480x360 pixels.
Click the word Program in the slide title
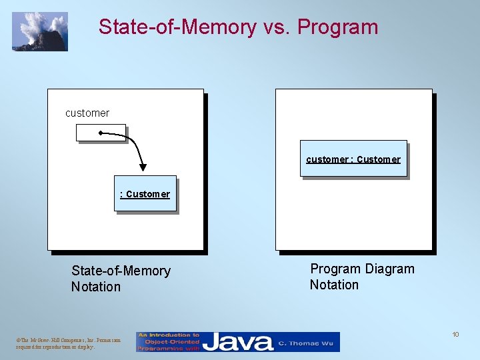(x=337, y=27)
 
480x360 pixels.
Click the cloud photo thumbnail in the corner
(x=40, y=31)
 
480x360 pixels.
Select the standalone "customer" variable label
(x=87, y=113)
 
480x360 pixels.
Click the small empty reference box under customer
(x=101, y=133)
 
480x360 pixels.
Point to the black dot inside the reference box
(x=101, y=133)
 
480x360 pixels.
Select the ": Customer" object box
(x=145, y=194)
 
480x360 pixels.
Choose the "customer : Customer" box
(x=353, y=159)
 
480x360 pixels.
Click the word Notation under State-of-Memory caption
(x=96, y=287)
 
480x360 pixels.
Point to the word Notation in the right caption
(x=334, y=285)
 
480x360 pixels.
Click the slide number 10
(x=455, y=334)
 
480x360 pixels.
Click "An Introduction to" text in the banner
(x=169, y=335)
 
